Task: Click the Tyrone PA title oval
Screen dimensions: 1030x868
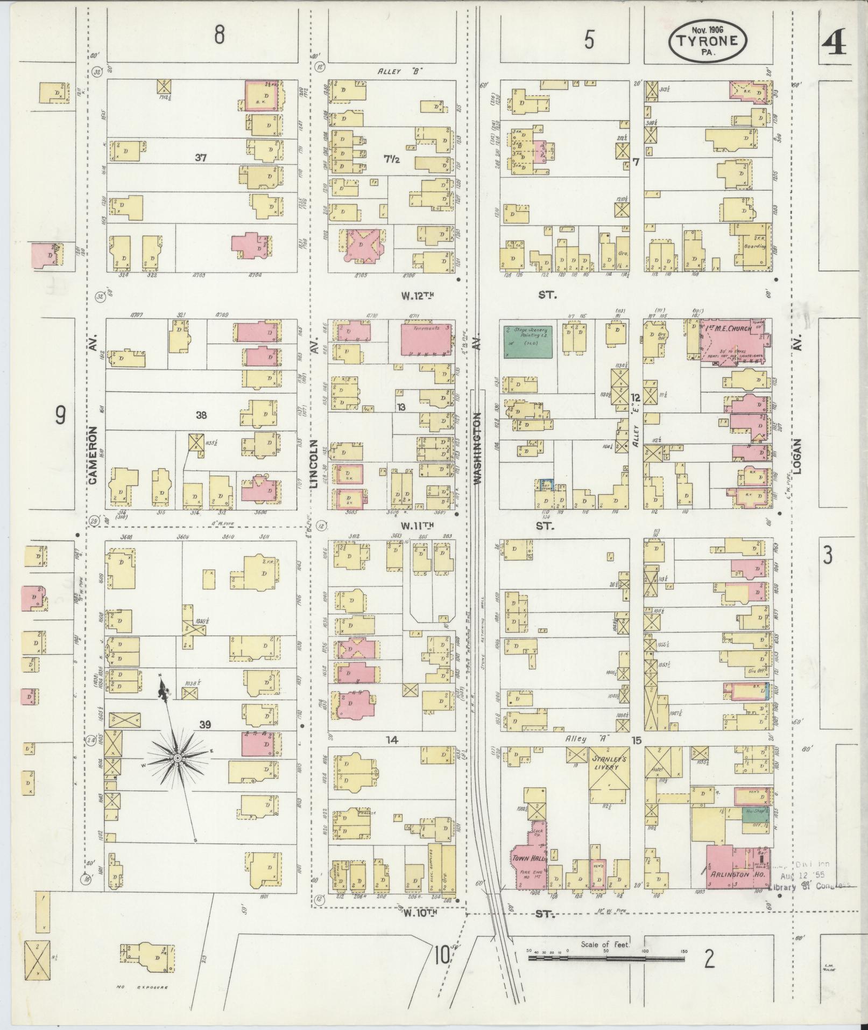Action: coord(708,41)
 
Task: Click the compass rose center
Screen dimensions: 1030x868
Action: coord(178,759)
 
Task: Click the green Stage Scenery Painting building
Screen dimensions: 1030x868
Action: coord(528,341)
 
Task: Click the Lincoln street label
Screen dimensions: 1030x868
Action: coord(314,464)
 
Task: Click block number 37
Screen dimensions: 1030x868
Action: coord(201,157)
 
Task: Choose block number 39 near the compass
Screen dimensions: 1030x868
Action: coord(204,725)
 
